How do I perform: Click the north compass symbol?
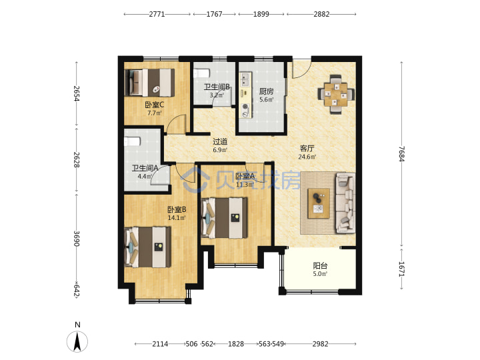[x=77, y=341]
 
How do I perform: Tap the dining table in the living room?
[x=336, y=95]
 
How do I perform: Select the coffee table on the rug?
[x=319, y=203]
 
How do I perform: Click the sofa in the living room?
[x=345, y=203]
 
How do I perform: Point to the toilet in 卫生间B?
[x=201, y=73]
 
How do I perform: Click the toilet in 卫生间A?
[x=132, y=141]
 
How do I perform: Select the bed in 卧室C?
[x=150, y=83]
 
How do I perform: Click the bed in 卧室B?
[x=147, y=247]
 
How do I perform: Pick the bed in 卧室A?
[x=225, y=218]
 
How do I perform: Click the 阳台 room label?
[x=320, y=265]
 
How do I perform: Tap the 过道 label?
[x=220, y=141]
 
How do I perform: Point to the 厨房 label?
[x=266, y=91]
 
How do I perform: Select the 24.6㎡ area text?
[x=307, y=157]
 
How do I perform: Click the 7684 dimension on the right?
[x=401, y=154]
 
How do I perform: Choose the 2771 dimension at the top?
[x=157, y=14]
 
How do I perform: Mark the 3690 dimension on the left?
[x=77, y=239]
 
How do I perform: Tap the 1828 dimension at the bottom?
[x=236, y=344]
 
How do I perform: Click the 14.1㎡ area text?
[x=177, y=218]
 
